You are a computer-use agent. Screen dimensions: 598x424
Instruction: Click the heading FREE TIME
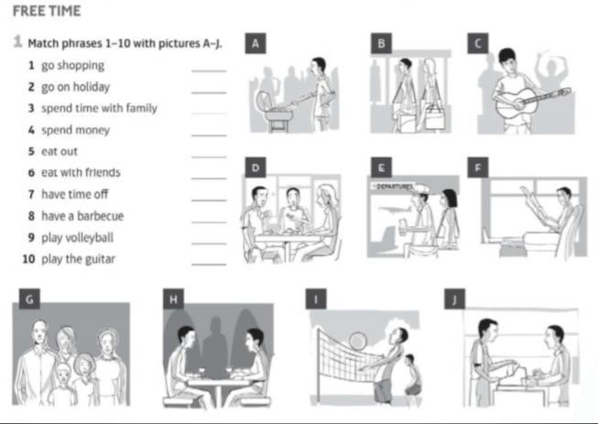(47, 11)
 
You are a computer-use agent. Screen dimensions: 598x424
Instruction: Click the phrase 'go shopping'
(72, 66)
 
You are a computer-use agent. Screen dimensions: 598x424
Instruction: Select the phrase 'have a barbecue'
(82, 216)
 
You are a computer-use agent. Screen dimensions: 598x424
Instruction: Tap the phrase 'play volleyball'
(78, 237)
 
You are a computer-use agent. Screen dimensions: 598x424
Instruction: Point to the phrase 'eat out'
(60, 151)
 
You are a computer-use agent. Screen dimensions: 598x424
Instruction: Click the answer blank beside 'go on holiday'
(209, 92)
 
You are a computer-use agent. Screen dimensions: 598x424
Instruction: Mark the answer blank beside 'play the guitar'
(209, 264)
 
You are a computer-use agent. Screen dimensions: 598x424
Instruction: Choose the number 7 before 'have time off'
(31, 194)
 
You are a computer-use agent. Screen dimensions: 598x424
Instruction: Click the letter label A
(256, 43)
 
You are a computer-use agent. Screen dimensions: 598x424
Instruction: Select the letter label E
(381, 168)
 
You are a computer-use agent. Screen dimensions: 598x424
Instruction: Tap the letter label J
(454, 299)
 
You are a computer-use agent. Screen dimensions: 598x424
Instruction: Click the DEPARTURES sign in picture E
(394, 187)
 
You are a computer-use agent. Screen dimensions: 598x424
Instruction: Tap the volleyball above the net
(358, 341)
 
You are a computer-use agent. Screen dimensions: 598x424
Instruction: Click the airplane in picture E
(395, 210)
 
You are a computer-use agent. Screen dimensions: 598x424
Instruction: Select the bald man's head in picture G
(39, 332)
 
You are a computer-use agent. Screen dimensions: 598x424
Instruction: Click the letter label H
(173, 299)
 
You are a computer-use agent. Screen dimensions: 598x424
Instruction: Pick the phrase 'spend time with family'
(99, 108)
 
